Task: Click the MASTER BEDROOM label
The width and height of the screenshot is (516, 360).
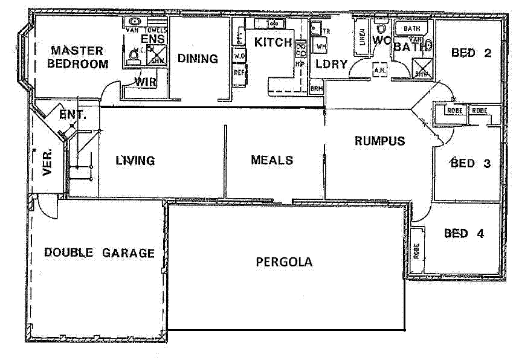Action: tap(78, 57)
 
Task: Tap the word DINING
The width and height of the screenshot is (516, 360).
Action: tap(198, 59)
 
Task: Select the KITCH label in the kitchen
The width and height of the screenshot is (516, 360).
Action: tap(273, 42)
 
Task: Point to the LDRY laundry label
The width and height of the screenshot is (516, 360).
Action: tap(331, 64)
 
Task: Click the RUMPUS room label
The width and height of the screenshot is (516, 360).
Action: tap(379, 141)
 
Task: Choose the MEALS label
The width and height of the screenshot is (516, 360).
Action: tap(272, 160)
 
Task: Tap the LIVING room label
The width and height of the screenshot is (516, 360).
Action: tap(135, 161)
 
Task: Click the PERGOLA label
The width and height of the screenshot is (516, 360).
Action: tap(284, 262)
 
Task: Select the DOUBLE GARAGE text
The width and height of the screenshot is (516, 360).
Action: tap(99, 253)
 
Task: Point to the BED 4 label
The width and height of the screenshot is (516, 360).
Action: tap(464, 233)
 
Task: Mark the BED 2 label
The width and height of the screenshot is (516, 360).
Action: tap(471, 53)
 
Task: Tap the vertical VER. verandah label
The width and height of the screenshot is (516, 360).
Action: tap(48, 162)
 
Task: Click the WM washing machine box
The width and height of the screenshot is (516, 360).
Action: tap(321, 46)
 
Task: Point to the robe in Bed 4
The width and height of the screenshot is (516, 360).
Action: tap(416, 249)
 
